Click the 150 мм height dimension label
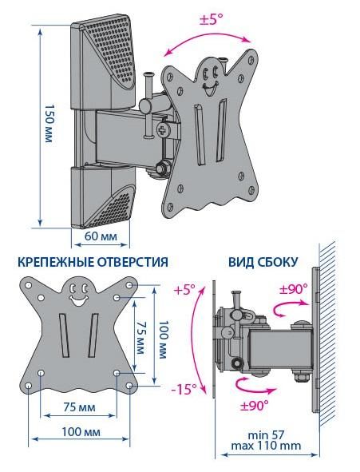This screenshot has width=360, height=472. click(x=49, y=124)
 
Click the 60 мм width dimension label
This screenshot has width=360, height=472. click(x=101, y=236)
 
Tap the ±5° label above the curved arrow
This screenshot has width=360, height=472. click(x=212, y=19)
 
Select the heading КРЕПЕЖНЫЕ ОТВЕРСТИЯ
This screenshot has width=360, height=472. click(x=93, y=262)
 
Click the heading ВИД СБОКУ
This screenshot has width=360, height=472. click(x=263, y=262)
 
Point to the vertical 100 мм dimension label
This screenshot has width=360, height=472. click(x=163, y=339)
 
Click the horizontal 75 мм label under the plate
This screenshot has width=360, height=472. click(x=79, y=407)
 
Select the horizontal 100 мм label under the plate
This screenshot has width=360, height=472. click(x=81, y=432)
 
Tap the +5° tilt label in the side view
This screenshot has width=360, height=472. click(x=184, y=291)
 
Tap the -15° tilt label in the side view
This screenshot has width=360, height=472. click(x=184, y=389)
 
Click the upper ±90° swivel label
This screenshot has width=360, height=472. click(x=293, y=290)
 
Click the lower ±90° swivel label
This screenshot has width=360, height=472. click(x=254, y=405)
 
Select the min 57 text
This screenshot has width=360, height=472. click(x=266, y=435)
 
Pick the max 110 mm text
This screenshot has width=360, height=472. click(x=266, y=446)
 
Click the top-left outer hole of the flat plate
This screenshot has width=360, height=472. click(x=28, y=285)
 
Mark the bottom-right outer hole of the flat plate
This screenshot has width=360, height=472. click(x=129, y=386)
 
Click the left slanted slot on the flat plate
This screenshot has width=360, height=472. click(x=64, y=335)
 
